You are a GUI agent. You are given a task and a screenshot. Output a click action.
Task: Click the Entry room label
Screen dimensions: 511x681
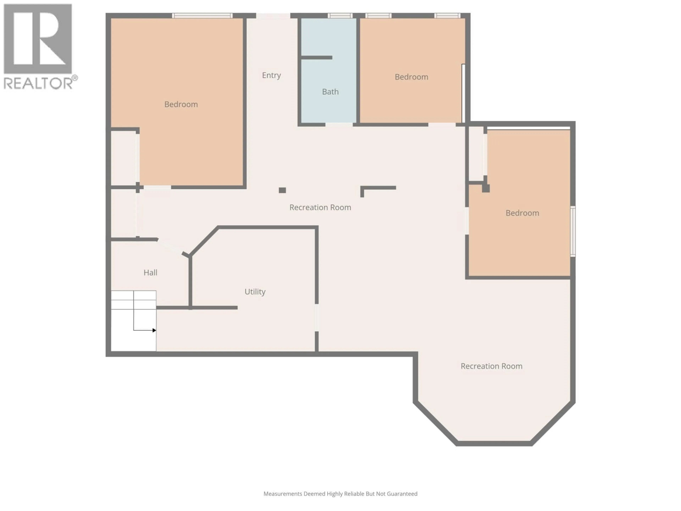[x=271, y=75]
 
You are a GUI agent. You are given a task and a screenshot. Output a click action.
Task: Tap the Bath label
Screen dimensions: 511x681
[x=330, y=92]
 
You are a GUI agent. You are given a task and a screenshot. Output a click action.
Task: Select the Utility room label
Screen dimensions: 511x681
[x=255, y=292]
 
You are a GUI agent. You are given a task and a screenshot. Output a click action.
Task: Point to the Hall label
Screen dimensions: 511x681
[x=150, y=273]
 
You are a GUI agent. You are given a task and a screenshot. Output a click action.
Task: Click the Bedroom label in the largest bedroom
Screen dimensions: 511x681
[x=181, y=104]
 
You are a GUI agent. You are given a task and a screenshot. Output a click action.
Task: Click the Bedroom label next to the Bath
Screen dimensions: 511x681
[x=411, y=77]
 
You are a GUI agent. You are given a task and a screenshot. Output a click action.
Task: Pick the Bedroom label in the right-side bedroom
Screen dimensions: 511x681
[x=522, y=213]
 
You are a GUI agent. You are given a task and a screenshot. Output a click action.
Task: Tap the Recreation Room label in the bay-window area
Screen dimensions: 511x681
[x=491, y=366]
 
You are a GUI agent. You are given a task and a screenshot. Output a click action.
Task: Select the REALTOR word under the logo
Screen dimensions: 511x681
[x=38, y=83]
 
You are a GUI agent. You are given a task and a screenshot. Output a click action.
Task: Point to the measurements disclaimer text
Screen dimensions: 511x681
[x=340, y=494]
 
